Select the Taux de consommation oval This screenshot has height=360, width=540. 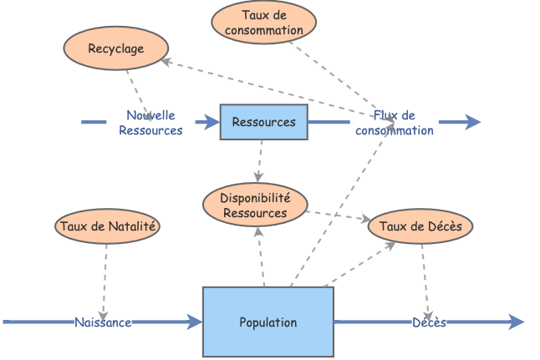[x=264, y=23]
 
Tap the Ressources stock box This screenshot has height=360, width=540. [x=263, y=122]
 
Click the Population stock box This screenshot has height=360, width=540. [x=267, y=322]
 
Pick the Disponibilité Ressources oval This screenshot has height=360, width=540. [x=255, y=205]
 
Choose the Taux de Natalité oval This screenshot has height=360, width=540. [x=107, y=226]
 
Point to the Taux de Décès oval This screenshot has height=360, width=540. [x=420, y=226]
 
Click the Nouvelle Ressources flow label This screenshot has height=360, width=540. [x=150, y=123]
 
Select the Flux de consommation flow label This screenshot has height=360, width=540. [x=395, y=123]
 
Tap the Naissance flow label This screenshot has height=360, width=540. [x=103, y=322]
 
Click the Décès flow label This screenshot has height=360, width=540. [x=429, y=322]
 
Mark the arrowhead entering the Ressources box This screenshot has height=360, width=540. [x=212, y=122]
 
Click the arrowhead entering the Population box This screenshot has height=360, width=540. [x=196, y=322]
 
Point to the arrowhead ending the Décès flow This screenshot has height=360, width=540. [x=517, y=322]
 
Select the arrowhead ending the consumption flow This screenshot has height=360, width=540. [x=473, y=122]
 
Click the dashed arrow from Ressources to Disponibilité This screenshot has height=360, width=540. [x=260, y=160]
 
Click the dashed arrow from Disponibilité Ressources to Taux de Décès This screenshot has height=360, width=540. [x=338, y=215]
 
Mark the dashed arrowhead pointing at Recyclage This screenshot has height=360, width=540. [x=166, y=61]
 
